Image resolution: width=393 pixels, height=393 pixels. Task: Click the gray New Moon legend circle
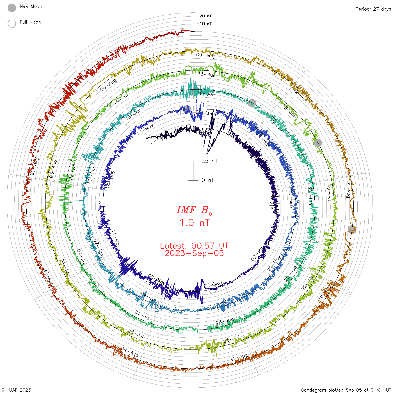(12, 8)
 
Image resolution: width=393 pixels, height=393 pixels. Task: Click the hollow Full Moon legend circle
(12, 24)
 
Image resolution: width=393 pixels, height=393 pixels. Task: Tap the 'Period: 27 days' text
(373, 9)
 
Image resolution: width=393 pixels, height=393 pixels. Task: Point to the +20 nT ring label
(204, 16)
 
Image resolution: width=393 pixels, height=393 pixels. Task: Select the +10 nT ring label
(204, 24)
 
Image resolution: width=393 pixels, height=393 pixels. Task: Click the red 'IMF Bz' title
(194, 210)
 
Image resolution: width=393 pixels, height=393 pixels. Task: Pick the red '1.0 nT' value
(194, 223)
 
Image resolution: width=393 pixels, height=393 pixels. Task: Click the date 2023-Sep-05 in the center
(194, 253)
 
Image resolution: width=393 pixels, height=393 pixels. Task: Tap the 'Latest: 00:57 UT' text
(194, 246)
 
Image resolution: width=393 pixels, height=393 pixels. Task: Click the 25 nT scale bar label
(209, 161)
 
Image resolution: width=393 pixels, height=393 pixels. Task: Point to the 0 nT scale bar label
(208, 180)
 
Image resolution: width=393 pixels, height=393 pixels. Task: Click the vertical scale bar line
(193, 171)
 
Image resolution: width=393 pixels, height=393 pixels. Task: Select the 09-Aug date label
(205, 55)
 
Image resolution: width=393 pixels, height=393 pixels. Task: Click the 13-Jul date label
(206, 74)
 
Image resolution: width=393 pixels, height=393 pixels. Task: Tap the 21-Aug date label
(239, 357)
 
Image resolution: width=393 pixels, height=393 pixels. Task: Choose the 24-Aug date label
(130, 352)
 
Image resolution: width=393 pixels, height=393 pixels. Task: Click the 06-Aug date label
(108, 85)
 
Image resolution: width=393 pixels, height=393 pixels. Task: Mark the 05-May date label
(213, 285)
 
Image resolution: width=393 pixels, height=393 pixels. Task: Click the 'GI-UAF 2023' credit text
(16, 390)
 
